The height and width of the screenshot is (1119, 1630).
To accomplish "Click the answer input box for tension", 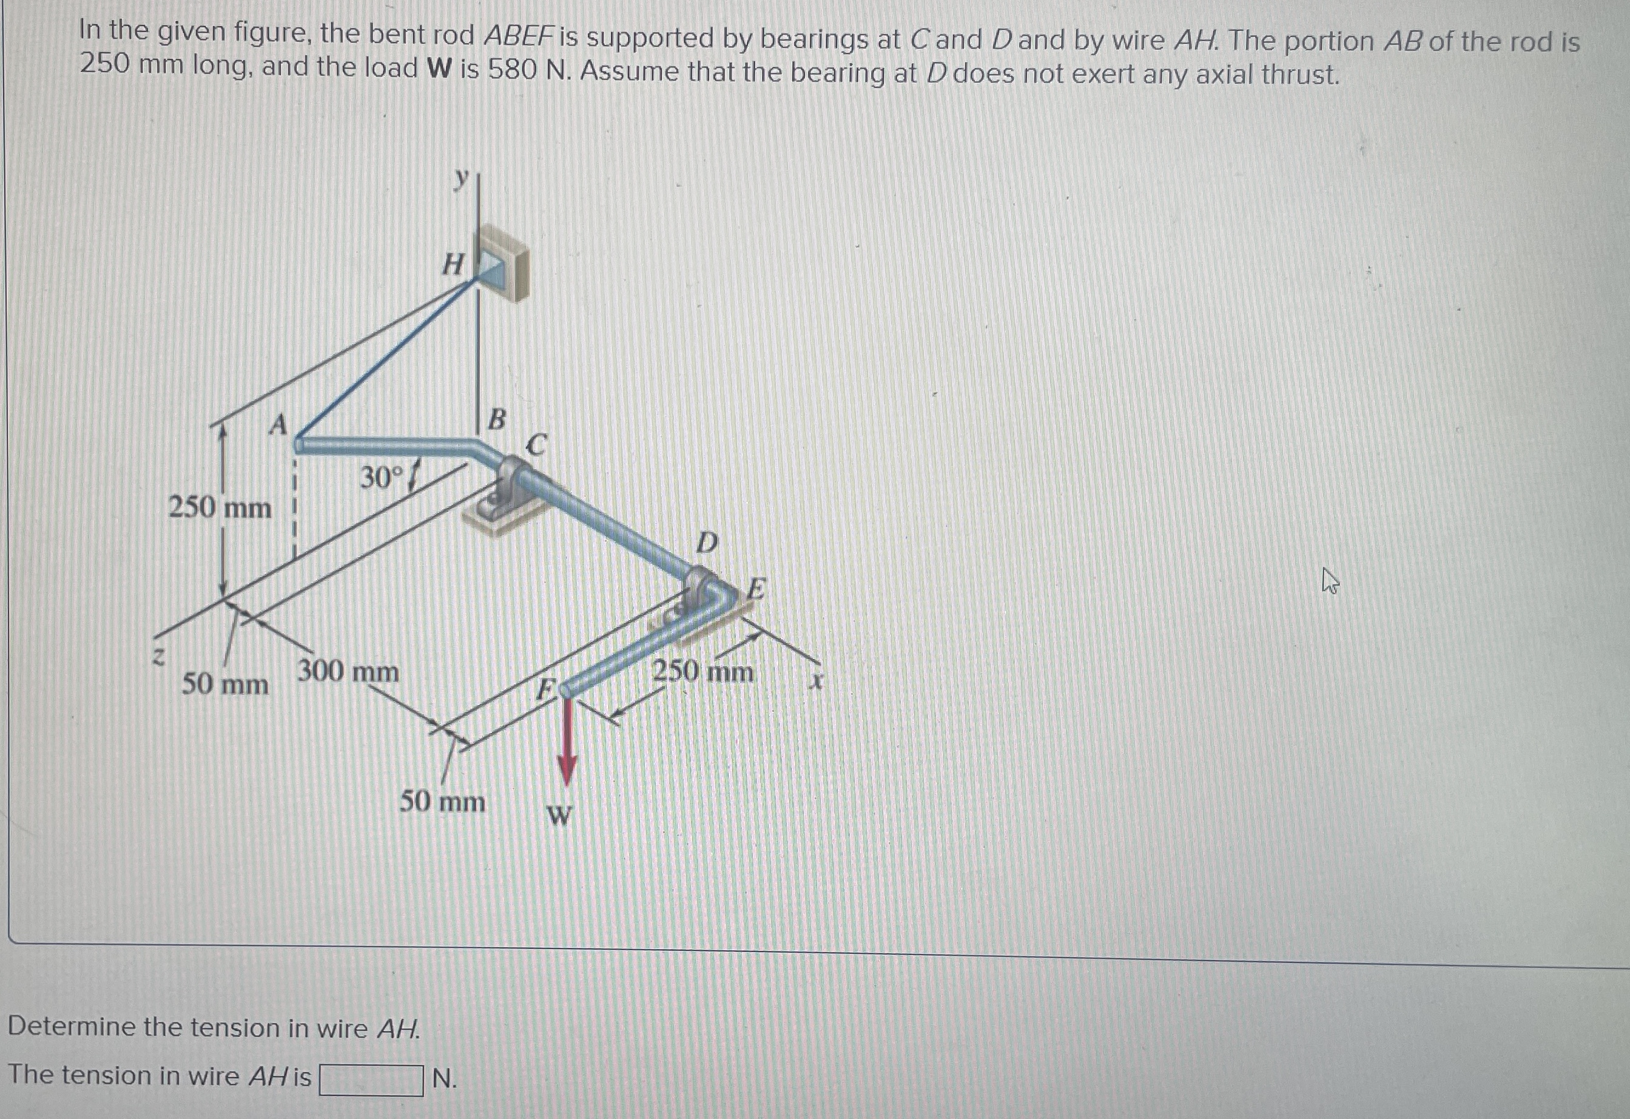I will [x=371, y=1080].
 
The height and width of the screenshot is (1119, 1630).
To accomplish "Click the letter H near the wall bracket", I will [x=454, y=265].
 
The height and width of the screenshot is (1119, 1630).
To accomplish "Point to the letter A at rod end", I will [x=279, y=424].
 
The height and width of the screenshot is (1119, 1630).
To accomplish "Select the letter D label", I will [x=707, y=543].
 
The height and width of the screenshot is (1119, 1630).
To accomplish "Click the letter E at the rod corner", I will [x=756, y=588].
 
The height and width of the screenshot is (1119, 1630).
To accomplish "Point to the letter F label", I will [x=546, y=689].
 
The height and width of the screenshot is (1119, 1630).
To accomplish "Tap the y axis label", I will [x=460, y=180].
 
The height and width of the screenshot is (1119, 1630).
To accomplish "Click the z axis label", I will [x=159, y=657].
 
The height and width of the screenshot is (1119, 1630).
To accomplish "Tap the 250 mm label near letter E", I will [x=703, y=672].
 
